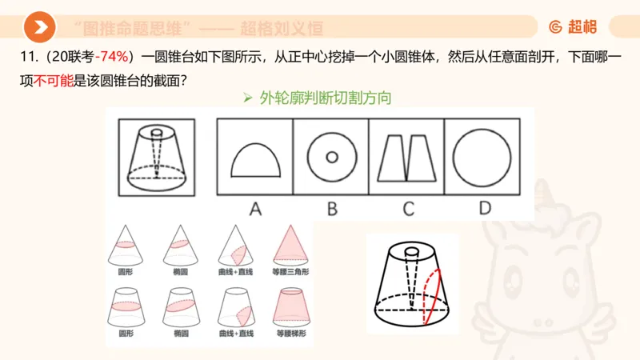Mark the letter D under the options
(x=484, y=209)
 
